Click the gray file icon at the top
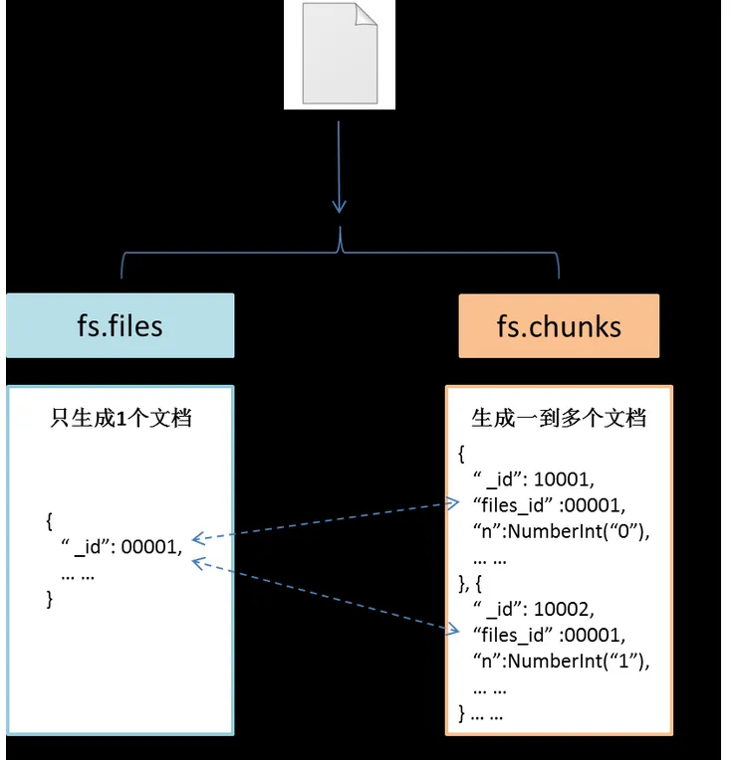pos(340,53)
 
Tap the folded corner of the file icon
pos(367,14)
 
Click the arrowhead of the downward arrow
pos(340,206)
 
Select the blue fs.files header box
pos(120,325)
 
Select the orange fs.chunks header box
pos(559,325)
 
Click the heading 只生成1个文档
pos(121,418)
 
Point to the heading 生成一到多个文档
pos(559,418)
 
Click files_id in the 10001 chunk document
pos(512,505)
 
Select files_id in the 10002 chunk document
pos(512,635)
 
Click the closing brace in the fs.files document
pos(50,599)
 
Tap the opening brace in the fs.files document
pos(50,521)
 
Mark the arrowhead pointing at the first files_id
pos(453,503)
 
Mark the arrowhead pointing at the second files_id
pos(453,629)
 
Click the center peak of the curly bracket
pos(340,229)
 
